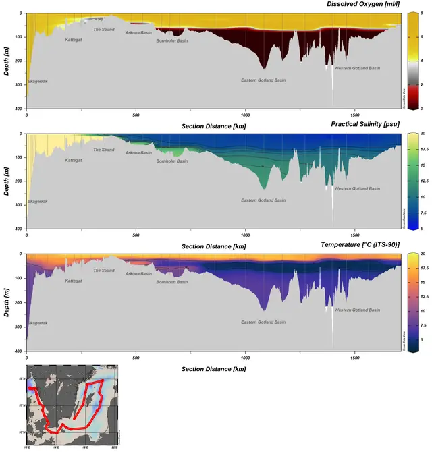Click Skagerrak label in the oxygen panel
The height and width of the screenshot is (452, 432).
pyautogui.click(x=38, y=82)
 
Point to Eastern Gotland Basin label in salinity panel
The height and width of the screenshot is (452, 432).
pyautogui.click(x=263, y=200)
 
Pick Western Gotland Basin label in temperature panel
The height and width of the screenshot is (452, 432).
pyautogui.click(x=357, y=310)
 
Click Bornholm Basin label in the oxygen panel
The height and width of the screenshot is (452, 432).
pyautogui.click(x=172, y=40)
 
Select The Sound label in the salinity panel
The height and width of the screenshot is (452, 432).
pyautogui.click(x=103, y=150)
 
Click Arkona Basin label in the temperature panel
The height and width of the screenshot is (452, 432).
pyautogui.click(x=138, y=273)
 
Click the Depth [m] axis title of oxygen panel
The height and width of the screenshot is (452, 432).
pyautogui.click(x=6, y=61)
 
